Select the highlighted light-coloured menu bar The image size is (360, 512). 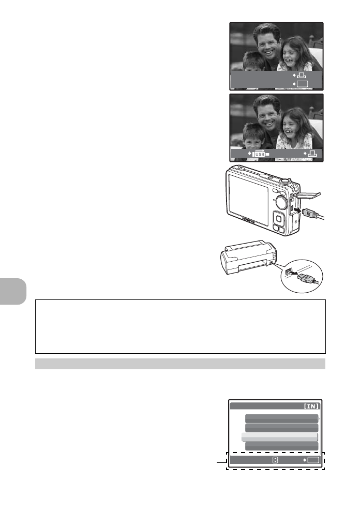279,437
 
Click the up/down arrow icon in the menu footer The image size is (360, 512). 275,460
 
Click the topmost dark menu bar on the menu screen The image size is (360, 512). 281,418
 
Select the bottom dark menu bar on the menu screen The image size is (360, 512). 281,445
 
